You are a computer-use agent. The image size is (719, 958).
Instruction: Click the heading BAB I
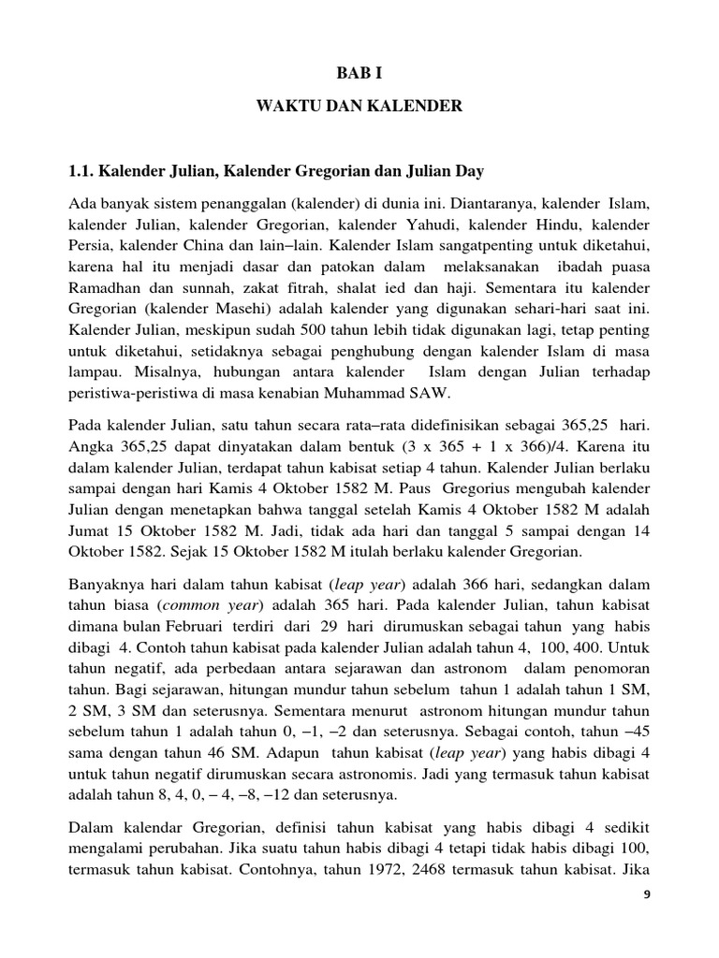pyautogui.click(x=359, y=70)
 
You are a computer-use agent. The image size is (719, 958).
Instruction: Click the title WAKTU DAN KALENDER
pyautogui.click(x=359, y=107)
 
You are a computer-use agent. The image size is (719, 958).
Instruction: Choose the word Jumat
pyautogui.click(x=90, y=526)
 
